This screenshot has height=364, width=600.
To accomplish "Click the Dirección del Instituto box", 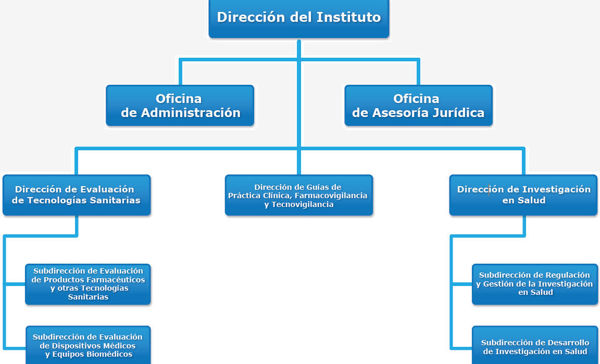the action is point(299,18).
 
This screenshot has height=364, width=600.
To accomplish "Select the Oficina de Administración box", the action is point(180,106).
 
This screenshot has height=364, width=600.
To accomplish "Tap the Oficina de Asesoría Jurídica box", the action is point(418,106).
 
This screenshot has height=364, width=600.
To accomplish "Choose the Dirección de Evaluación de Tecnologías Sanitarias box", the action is point(77,195).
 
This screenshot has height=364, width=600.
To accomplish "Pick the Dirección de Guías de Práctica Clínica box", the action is point(299,195).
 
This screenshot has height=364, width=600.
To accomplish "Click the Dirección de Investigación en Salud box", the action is point(523,195).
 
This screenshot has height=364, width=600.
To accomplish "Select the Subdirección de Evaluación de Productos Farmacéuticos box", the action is point(88,284).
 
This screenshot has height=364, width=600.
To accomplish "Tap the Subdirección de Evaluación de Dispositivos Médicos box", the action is point(88,345).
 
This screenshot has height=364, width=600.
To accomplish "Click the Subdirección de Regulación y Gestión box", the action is point(534,284).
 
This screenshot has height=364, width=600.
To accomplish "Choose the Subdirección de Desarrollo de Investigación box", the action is point(534,345).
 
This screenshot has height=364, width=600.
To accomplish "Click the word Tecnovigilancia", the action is point(303,204).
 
